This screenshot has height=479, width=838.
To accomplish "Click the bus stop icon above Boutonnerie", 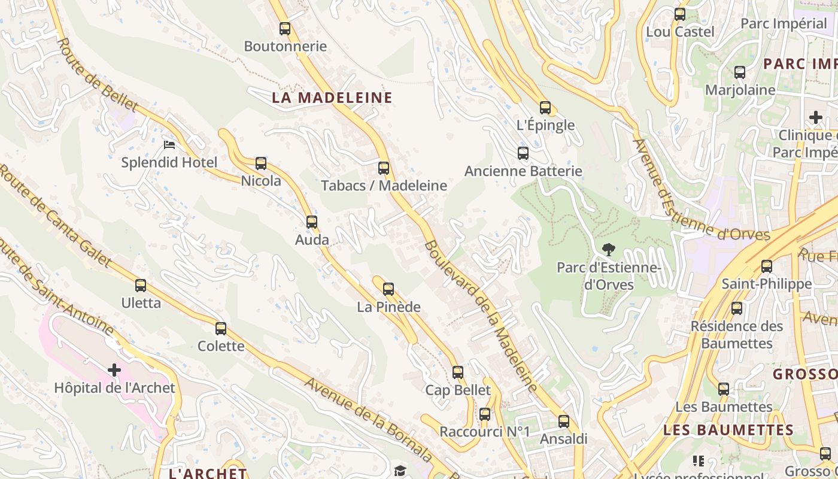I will point(285,28).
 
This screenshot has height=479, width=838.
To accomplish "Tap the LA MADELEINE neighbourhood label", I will point(332,98).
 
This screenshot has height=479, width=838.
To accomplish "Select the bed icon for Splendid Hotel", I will point(169,145).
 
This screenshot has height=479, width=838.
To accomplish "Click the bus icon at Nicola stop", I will point(261,163).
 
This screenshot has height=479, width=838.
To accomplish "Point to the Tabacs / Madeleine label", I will point(384,186).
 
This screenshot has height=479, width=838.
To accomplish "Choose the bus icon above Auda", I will point(312,222).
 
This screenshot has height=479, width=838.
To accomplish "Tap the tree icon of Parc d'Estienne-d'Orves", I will point(609,249).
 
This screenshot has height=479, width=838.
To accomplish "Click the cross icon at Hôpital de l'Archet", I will point(114,370).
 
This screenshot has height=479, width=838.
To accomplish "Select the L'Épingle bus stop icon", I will point(545,108).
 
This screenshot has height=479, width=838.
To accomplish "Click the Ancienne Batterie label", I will point(523,171).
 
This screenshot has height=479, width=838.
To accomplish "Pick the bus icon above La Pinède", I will point(388,289).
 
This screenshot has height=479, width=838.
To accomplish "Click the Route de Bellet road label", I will point(98,75).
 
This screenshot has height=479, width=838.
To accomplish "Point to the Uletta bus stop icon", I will point(141,286).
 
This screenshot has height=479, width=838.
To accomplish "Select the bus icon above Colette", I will point(221,328).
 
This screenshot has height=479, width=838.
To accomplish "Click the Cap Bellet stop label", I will point(458,390).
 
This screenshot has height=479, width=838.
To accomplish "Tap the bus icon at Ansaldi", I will point(564,422).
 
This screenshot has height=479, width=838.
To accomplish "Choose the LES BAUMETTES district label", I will point(728,430).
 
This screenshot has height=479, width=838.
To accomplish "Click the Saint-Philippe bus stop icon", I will point(767,266).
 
